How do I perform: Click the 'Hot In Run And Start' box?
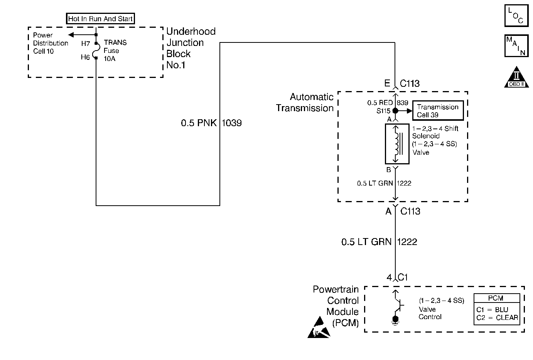[100, 19]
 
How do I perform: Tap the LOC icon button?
[516, 16]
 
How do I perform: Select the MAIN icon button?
[516, 46]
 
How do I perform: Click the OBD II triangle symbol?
[516, 77]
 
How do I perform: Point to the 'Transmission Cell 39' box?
[438, 111]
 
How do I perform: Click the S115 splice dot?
[395, 111]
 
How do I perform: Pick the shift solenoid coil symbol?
[397, 144]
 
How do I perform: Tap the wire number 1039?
[231, 123]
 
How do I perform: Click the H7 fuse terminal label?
[85, 44]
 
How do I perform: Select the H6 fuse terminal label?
[85, 57]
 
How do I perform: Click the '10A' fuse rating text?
[110, 59]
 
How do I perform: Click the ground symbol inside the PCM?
[395, 321]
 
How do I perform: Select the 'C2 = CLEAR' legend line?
[497, 318]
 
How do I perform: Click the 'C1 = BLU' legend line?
[492, 309]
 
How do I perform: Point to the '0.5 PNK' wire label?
[199, 123]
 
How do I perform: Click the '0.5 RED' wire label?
[380, 103]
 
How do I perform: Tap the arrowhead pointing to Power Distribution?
[71, 35]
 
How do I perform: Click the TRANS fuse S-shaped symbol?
[95, 51]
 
